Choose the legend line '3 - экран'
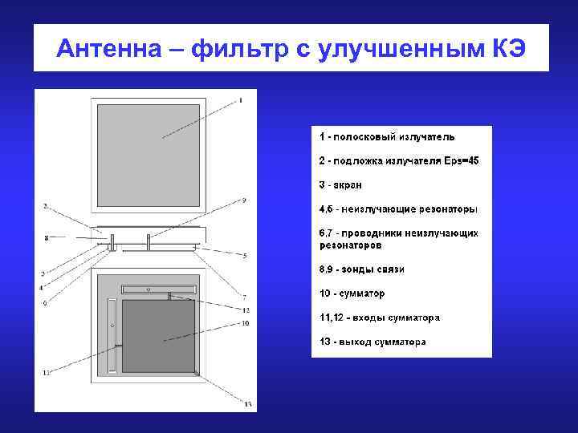click(x=340, y=185)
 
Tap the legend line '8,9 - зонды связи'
click(x=361, y=269)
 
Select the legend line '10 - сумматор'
click(x=352, y=293)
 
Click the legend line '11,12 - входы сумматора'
click(x=379, y=318)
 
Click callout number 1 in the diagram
click(x=239, y=101)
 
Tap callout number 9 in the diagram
click(x=243, y=200)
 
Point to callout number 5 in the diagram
click(x=245, y=256)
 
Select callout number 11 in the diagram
click(x=46, y=372)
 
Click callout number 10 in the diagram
click(x=246, y=323)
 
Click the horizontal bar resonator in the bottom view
click(x=157, y=288)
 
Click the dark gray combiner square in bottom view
click(x=159, y=335)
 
